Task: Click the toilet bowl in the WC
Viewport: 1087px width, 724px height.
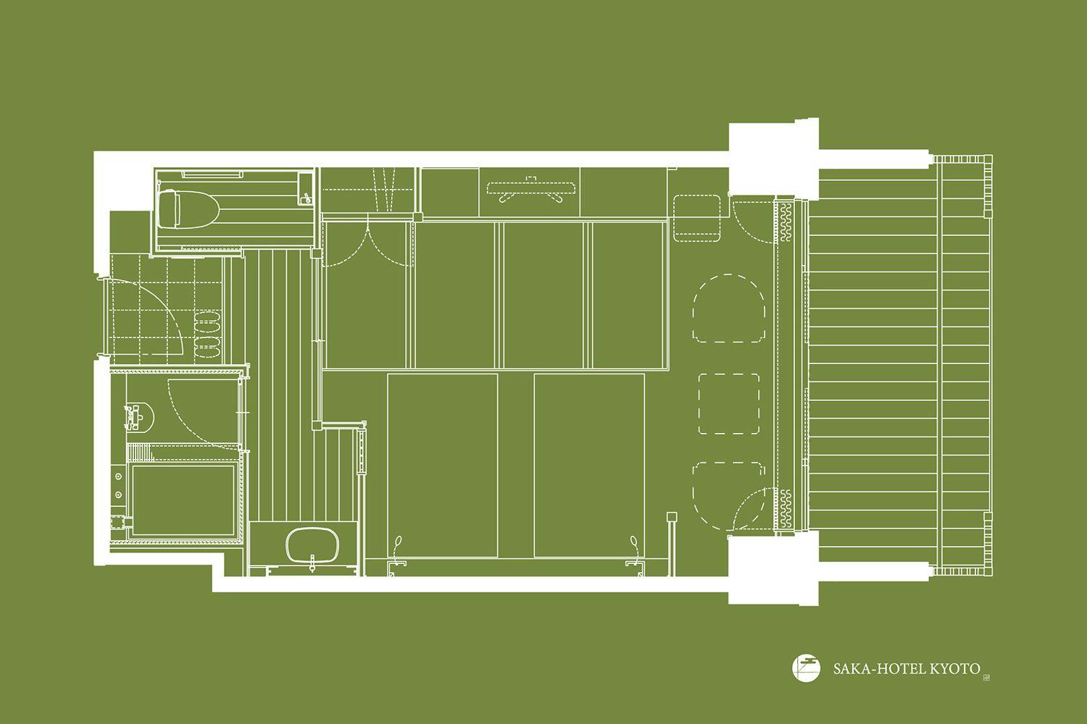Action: [x=188, y=209]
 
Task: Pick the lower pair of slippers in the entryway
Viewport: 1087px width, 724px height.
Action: [x=208, y=347]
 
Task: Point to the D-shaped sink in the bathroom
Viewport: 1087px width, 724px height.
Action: [x=140, y=417]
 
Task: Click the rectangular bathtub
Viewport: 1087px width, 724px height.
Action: [x=183, y=500]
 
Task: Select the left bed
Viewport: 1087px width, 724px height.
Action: [x=443, y=466]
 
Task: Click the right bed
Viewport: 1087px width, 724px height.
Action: [x=590, y=466]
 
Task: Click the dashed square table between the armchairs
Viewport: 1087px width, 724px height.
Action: [x=729, y=403]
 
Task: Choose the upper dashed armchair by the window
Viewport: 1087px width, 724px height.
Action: [x=729, y=308]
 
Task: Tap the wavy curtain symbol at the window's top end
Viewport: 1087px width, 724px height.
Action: [x=785, y=222]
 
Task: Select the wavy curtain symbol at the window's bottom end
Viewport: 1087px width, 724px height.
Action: [x=785, y=508]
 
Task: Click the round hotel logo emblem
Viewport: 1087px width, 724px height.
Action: [x=806, y=669]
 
